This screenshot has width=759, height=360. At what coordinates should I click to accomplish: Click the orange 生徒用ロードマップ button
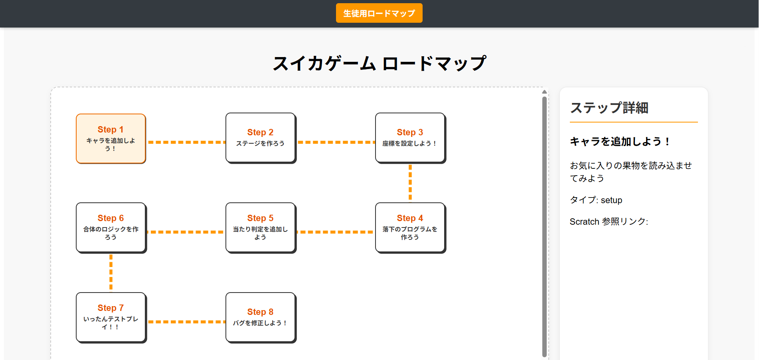pyautogui.click(x=379, y=13)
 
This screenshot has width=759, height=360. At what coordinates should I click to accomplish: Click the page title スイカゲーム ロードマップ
pyautogui.click(x=379, y=63)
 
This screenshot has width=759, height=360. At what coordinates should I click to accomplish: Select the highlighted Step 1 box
pyautogui.click(x=111, y=138)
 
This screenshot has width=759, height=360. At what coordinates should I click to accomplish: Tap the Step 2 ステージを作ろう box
pyautogui.click(x=260, y=138)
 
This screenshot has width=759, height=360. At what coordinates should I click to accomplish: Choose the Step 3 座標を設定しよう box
pyautogui.click(x=410, y=138)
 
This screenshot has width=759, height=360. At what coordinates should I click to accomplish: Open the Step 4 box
pyautogui.click(x=410, y=227)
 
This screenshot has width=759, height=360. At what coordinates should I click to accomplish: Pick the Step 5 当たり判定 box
pyautogui.click(x=260, y=227)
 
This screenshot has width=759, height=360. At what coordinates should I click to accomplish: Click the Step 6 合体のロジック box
pyautogui.click(x=111, y=227)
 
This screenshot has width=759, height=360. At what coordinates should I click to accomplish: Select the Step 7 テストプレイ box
pyautogui.click(x=111, y=317)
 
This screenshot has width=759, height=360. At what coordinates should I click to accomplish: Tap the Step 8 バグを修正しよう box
pyautogui.click(x=260, y=317)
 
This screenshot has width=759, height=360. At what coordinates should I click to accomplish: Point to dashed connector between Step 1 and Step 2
pyautogui.click(x=186, y=142)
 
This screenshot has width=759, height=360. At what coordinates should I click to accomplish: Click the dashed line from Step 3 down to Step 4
pyautogui.click(x=410, y=183)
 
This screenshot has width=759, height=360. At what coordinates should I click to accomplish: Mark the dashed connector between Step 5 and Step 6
pyautogui.click(x=186, y=232)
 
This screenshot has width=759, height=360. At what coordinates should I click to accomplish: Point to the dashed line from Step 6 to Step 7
pyautogui.click(x=111, y=273)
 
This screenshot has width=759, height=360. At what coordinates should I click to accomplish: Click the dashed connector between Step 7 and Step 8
pyautogui.click(x=186, y=322)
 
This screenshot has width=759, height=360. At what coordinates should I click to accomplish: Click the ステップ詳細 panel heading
pyautogui.click(x=609, y=108)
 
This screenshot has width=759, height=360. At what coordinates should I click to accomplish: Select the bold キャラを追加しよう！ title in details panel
pyautogui.click(x=620, y=142)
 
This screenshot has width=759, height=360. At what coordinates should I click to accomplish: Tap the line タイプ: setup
pyautogui.click(x=596, y=200)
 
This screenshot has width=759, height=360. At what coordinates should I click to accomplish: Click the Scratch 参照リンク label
pyautogui.click(x=609, y=222)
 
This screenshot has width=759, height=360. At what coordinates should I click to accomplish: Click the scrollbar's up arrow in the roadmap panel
pyautogui.click(x=544, y=92)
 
